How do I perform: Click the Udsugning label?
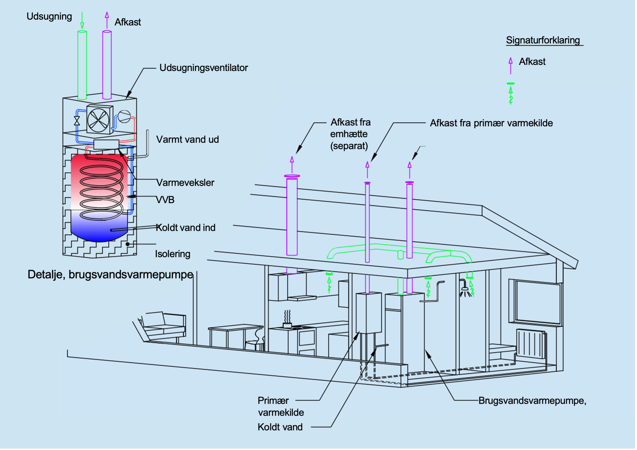point(49,16)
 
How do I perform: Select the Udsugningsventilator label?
point(203,68)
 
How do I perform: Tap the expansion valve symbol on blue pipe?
point(77,121)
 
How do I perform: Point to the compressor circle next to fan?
point(124,116)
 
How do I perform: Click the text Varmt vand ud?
point(187,139)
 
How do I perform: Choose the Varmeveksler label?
point(185,183)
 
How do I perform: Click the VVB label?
point(165,200)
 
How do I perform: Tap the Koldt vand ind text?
point(186,227)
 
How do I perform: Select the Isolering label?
point(173,254)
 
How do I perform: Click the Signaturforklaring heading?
point(543,40)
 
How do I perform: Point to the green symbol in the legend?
point(510,94)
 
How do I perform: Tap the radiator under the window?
point(530,344)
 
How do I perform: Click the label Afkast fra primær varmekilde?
point(491,123)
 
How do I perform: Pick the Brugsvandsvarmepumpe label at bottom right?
point(532,400)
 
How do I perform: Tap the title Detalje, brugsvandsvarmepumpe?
point(110,274)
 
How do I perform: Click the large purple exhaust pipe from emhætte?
point(292,217)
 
